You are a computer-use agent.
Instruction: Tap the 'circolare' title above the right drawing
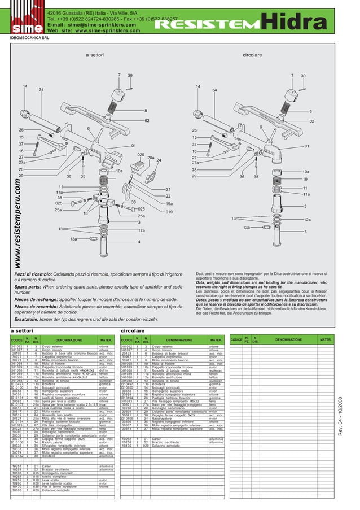point(252,55)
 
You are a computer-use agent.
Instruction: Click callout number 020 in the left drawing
point(141,154)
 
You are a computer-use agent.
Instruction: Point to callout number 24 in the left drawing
point(159,160)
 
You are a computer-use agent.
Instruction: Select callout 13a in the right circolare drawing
point(246,227)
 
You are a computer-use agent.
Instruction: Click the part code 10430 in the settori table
point(17,487)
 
